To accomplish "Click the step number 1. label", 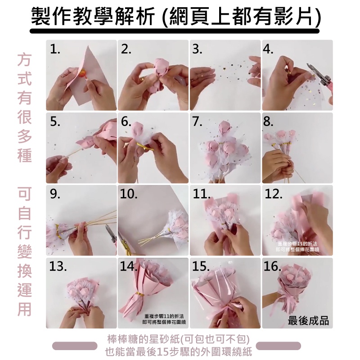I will tap(55, 49).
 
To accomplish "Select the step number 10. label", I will tap(129, 194).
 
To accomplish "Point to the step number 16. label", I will tap(273, 266).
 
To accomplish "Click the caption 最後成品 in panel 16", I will tap(308, 321).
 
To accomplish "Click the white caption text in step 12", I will tap(297, 246).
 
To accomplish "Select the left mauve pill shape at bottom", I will tap(75, 346).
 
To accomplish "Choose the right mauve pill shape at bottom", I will tap(280, 346).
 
